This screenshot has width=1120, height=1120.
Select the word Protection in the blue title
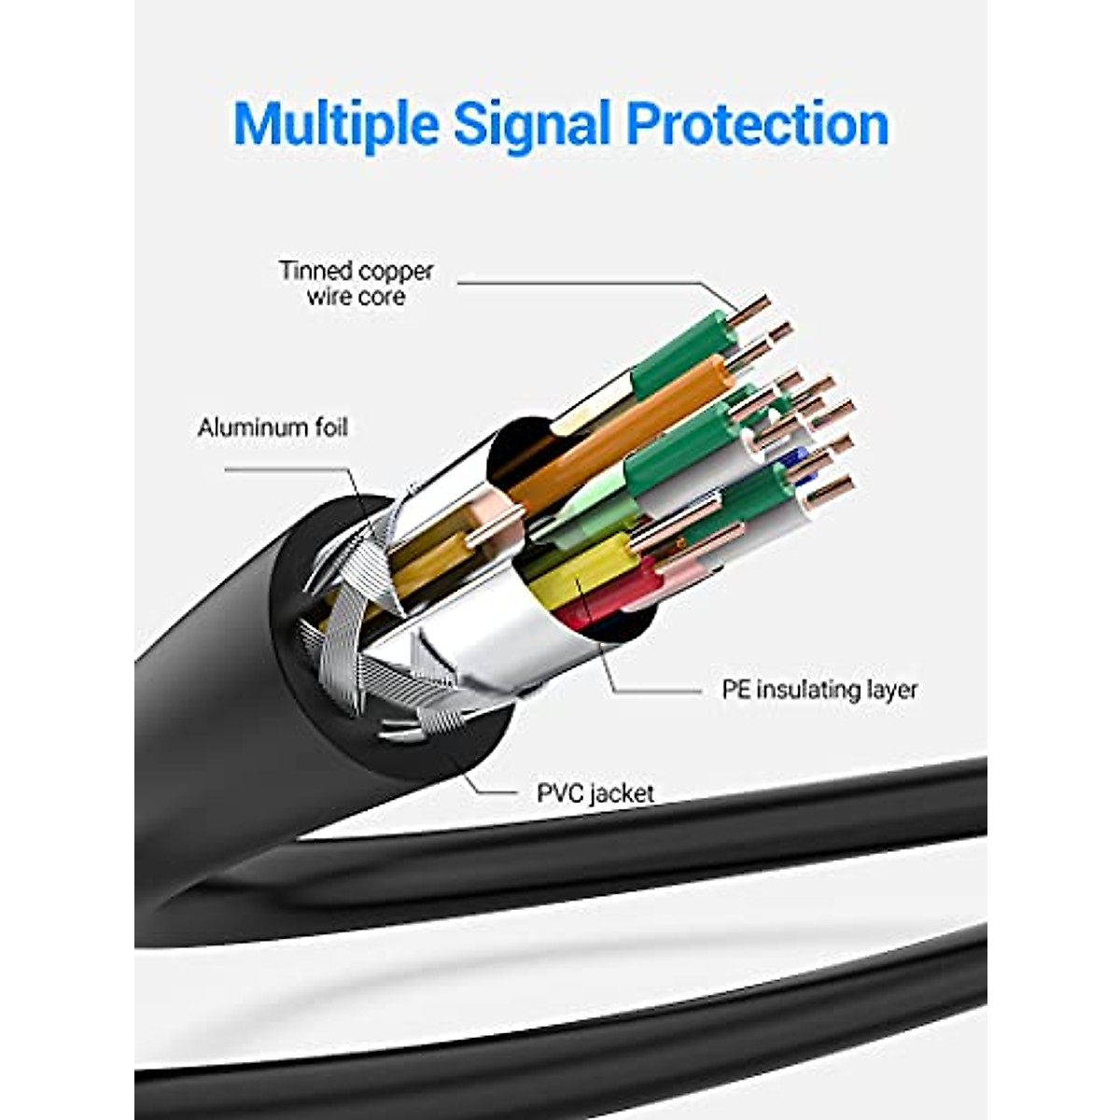(x=758, y=123)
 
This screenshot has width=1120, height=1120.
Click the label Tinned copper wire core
(x=356, y=284)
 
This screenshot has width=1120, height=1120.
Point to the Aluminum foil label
(x=272, y=427)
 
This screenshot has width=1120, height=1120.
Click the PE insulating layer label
(x=819, y=690)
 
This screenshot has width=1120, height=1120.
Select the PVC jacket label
(x=595, y=794)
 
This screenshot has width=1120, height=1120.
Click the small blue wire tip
(x=795, y=458)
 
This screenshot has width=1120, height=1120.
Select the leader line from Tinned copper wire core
(x=579, y=281)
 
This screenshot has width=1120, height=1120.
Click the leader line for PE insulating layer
(x=653, y=692)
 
